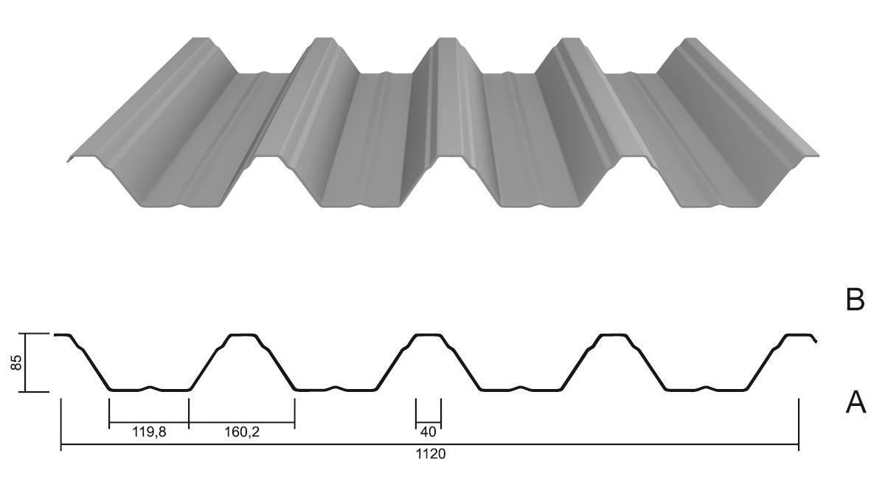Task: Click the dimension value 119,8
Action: [x=149, y=432]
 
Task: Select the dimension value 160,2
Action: [x=242, y=432]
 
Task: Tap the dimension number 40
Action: [x=428, y=432]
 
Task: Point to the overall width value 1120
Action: [x=431, y=454]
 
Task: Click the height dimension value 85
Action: [x=16, y=362]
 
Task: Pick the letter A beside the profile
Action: [x=855, y=402]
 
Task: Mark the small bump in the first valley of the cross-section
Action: [x=150, y=388]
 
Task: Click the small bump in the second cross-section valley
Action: [x=336, y=388]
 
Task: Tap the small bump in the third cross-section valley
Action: [x=521, y=388]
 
